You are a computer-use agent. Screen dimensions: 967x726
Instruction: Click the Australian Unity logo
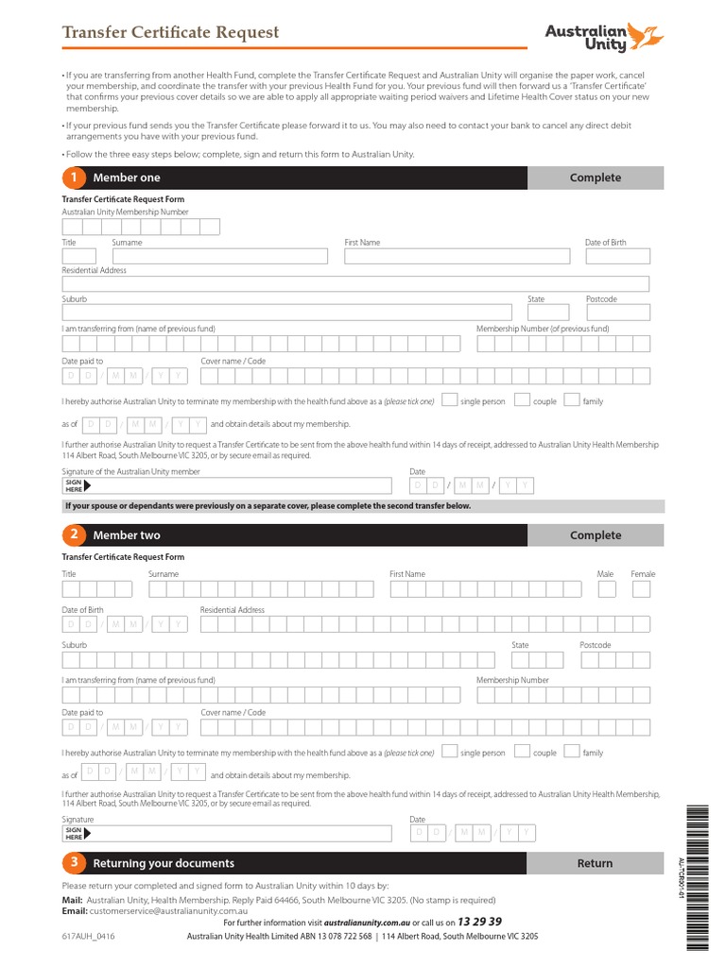604,37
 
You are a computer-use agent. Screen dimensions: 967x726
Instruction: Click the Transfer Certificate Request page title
170,32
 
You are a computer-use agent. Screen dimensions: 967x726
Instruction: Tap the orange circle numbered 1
73,178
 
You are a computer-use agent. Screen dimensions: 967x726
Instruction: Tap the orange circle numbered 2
73,535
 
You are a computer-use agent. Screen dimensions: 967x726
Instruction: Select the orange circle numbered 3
73,863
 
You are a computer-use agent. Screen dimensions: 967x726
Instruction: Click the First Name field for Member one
457,256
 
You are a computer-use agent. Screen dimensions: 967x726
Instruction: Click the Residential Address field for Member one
355,283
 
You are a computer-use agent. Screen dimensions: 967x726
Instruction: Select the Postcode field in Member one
617,313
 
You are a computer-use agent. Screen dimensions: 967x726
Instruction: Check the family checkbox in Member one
571,399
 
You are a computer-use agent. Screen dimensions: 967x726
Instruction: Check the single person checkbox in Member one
451,399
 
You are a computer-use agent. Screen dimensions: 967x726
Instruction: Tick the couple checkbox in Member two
522,752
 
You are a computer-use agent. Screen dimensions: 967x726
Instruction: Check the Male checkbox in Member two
607,589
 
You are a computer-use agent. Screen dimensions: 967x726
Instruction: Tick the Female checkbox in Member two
642,589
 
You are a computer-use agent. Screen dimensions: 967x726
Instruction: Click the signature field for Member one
236,485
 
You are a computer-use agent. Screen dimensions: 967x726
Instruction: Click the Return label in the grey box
595,863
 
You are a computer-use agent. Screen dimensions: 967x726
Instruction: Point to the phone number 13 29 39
479,922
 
